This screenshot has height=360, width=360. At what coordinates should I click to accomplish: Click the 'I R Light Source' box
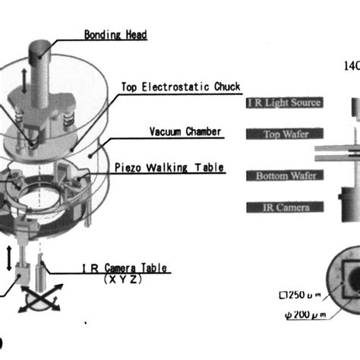(285, 103)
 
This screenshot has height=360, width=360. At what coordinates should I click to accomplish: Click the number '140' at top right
(351, 66)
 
